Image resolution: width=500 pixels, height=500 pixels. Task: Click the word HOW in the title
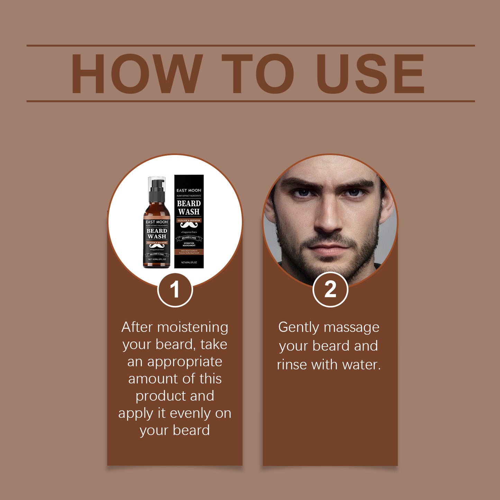click(x=137, y=74)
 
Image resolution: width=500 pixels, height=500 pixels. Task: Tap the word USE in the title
click(x=370, y=74)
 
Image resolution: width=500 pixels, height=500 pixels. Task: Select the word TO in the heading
click(x=258, y=74)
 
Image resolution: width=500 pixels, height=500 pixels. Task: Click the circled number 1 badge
click(x=175, y=290)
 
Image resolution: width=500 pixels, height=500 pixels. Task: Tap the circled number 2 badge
click(x=330, y=289)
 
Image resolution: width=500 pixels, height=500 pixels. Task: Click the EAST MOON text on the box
click(x=189, y=190)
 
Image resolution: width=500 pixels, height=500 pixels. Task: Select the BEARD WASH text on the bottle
click(x=157, y=234)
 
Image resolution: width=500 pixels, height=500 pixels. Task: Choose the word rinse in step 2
click(x=292, y=365)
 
